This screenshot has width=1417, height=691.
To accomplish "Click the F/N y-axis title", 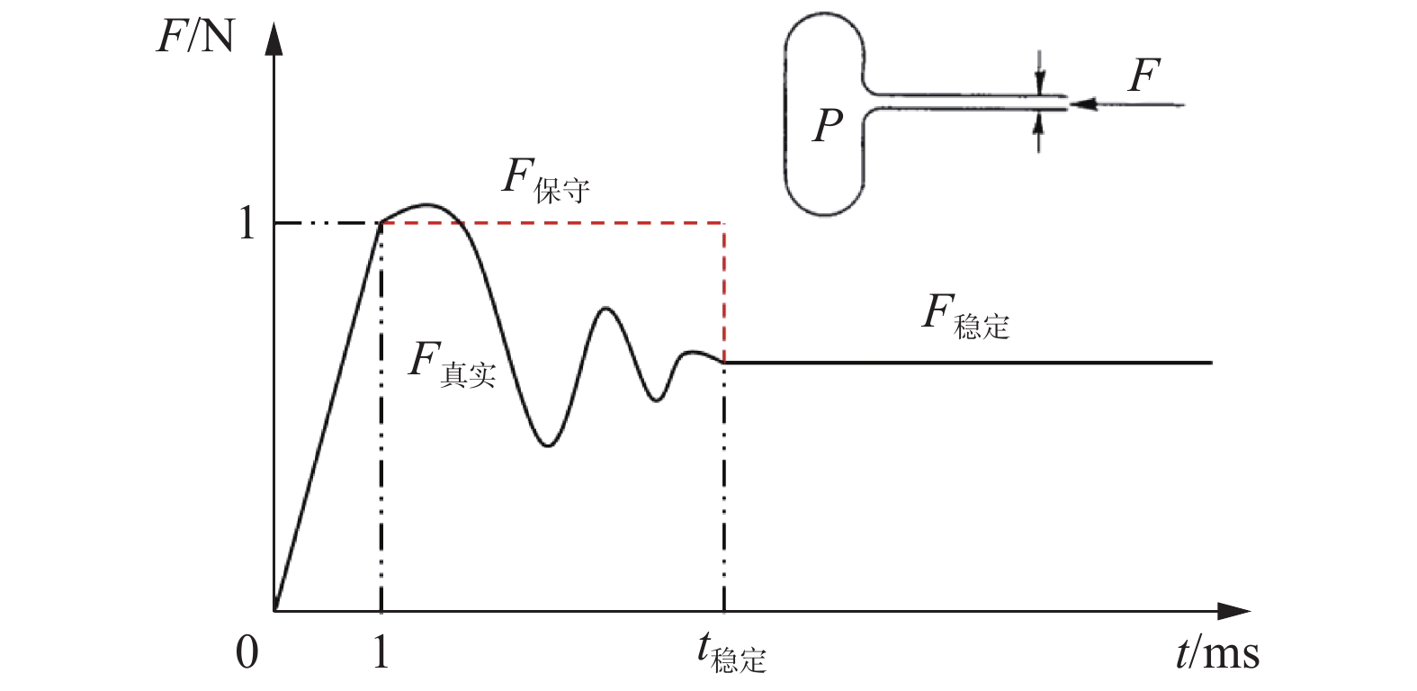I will [195, 37].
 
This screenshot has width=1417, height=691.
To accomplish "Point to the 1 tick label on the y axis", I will [247, 222].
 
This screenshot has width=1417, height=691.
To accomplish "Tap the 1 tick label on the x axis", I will [381, 652].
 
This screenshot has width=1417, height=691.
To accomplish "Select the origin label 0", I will [247, 652].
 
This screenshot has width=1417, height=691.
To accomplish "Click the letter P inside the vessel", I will [828, 125].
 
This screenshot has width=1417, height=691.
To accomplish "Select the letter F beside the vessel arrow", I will [1144, 76].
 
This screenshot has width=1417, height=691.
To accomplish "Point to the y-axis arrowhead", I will [274, 40].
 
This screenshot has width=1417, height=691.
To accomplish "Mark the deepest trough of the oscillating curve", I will [548, 445].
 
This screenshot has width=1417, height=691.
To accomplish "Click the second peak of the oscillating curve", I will [605, 309].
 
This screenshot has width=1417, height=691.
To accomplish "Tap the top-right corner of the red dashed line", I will [724, 222].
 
